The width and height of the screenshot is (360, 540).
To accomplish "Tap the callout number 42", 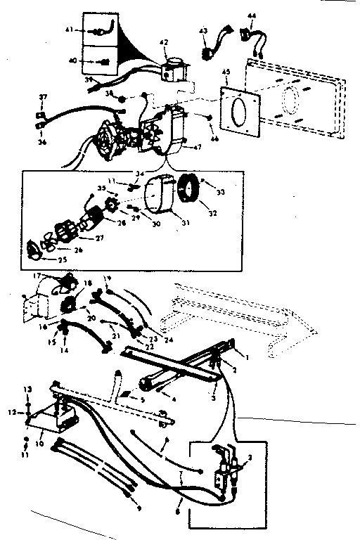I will [165, 44].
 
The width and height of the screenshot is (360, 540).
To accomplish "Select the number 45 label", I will [225, 72].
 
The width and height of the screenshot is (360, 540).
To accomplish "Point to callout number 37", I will [42, 96].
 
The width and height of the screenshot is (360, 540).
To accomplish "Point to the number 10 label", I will [39, 444].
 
